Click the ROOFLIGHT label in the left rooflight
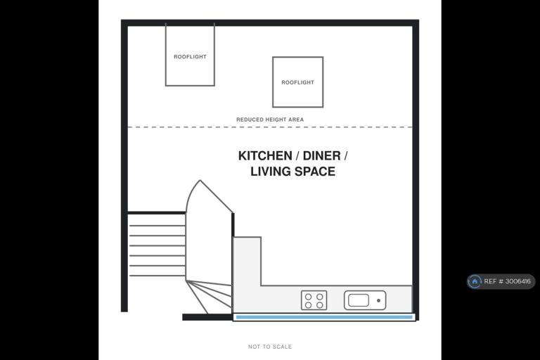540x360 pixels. (190, 57)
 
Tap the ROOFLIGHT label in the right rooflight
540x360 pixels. (298, 83)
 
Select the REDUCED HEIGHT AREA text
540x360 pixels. (270, 120)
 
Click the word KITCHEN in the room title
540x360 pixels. (265, 155)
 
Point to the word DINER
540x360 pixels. (321, 155)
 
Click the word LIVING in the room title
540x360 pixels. (271, 172)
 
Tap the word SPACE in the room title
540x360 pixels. (315, 172)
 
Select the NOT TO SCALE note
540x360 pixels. (270, 347)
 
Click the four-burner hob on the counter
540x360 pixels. (314, 300)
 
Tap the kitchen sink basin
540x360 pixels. (359, 300)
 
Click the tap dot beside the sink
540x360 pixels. (378, 300)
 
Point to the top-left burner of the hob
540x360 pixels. (308, 297)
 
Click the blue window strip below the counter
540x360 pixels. (324, 317)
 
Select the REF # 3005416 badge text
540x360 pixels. (507, 281)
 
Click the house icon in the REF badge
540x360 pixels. (475, 281)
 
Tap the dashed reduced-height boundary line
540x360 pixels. (270, 127)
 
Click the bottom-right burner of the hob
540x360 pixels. (320, 305)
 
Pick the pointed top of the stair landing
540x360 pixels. (200, 180)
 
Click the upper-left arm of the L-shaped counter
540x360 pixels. (247, 261)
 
